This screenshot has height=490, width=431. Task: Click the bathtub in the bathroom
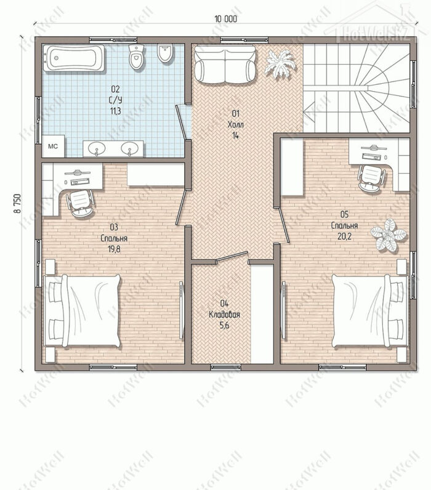click(74, 58)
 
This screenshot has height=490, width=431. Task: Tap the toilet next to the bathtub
click(137, 57)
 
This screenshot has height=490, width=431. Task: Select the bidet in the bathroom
click(166, 54)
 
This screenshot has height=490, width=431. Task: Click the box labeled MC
click(53, 147)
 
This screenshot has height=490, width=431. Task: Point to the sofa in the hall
click(225, 65)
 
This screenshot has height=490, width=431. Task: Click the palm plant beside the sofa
click(279, 63)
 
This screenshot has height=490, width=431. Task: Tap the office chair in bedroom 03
click(80, 203)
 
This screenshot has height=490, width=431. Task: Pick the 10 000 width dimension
click(225, 19)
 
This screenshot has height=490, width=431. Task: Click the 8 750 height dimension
click(17, 204)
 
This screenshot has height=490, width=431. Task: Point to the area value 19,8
click(115, 249)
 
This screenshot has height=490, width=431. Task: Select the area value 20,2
click(344, 236)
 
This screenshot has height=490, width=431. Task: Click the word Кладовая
click(224, 315)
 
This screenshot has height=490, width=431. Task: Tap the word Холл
click(236, 125)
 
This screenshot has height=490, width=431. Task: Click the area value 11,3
click(115, 111)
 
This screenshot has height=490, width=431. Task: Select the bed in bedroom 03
click(83, 311)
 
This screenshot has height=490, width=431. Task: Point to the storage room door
click(232, 257)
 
